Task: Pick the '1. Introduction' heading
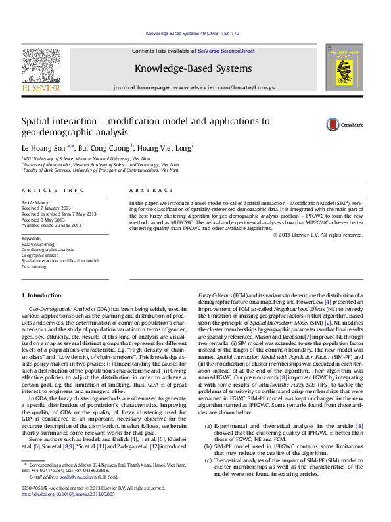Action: click(43, 296)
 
